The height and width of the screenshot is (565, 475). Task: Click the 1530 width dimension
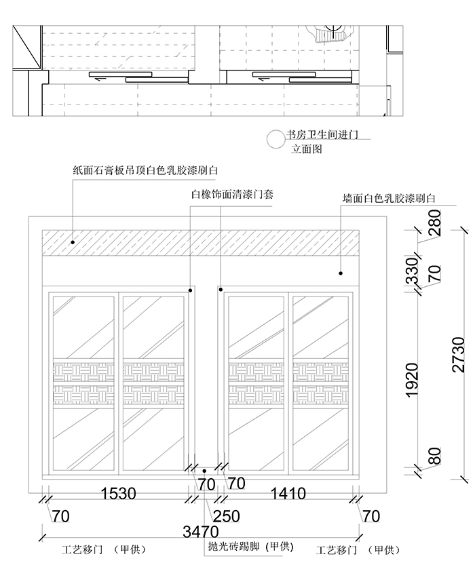pyautogui.click(x=119, y=493)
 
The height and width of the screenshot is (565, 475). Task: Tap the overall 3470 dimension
pyautogui.click(x=199, y=531)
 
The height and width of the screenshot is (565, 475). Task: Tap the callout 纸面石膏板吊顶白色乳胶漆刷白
pyautogui.click(x=145, y=171)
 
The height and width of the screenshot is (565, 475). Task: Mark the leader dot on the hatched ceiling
pyautogui.click(x=71, y=241)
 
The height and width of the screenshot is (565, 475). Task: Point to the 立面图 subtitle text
pyautogui.click(x=307, y=149)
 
